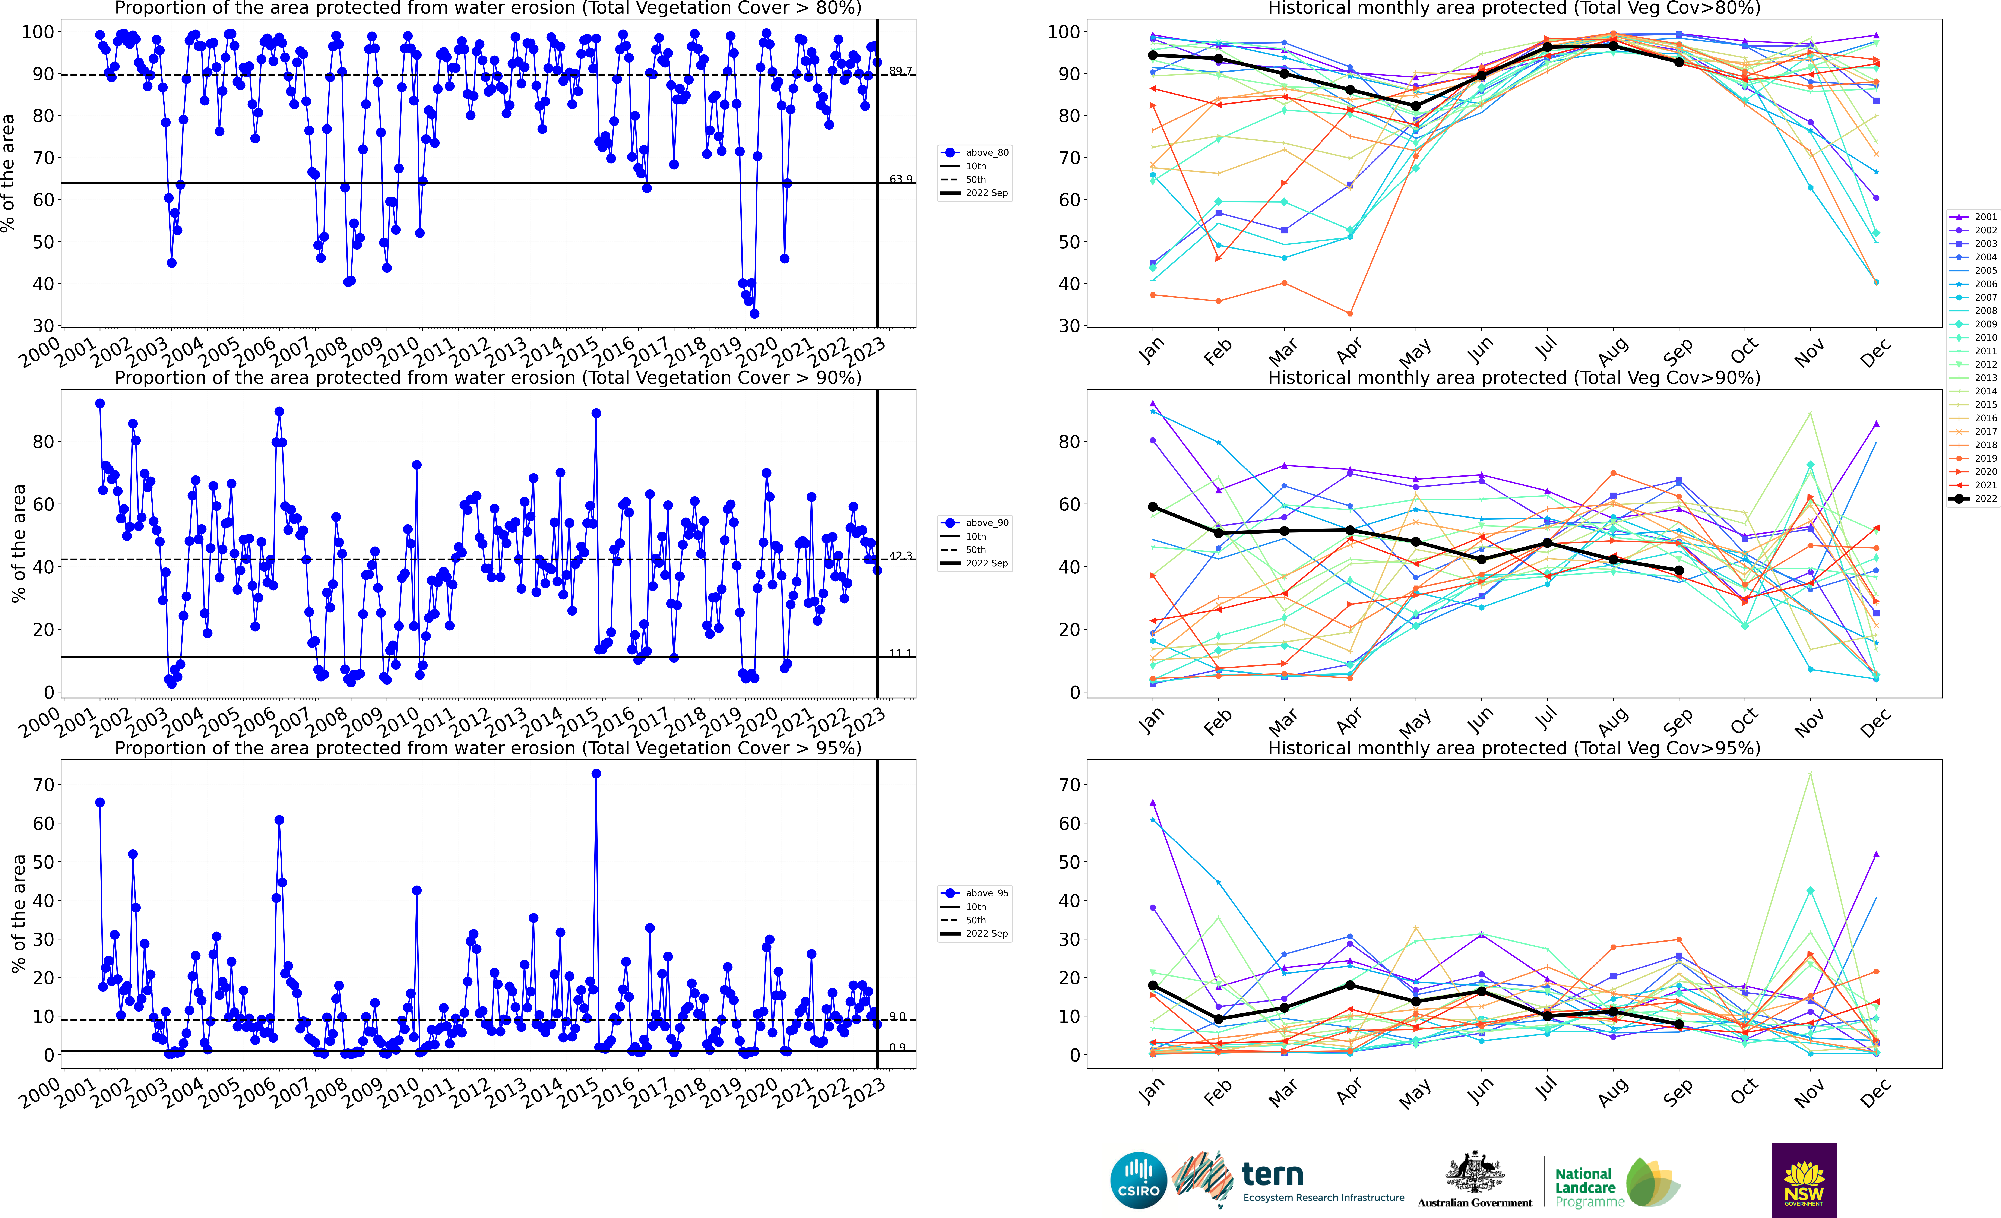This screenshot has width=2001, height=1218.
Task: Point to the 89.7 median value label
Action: click(x=900, y=71)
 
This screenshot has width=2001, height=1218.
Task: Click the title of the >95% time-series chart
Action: click(x=488, y=748)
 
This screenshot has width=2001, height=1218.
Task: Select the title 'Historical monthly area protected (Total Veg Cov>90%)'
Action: click(x=1514, y=378)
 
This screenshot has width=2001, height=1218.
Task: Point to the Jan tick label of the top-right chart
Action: click(x=1152, y=351)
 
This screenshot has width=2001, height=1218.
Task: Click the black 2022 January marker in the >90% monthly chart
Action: click(x=1152, y=507)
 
